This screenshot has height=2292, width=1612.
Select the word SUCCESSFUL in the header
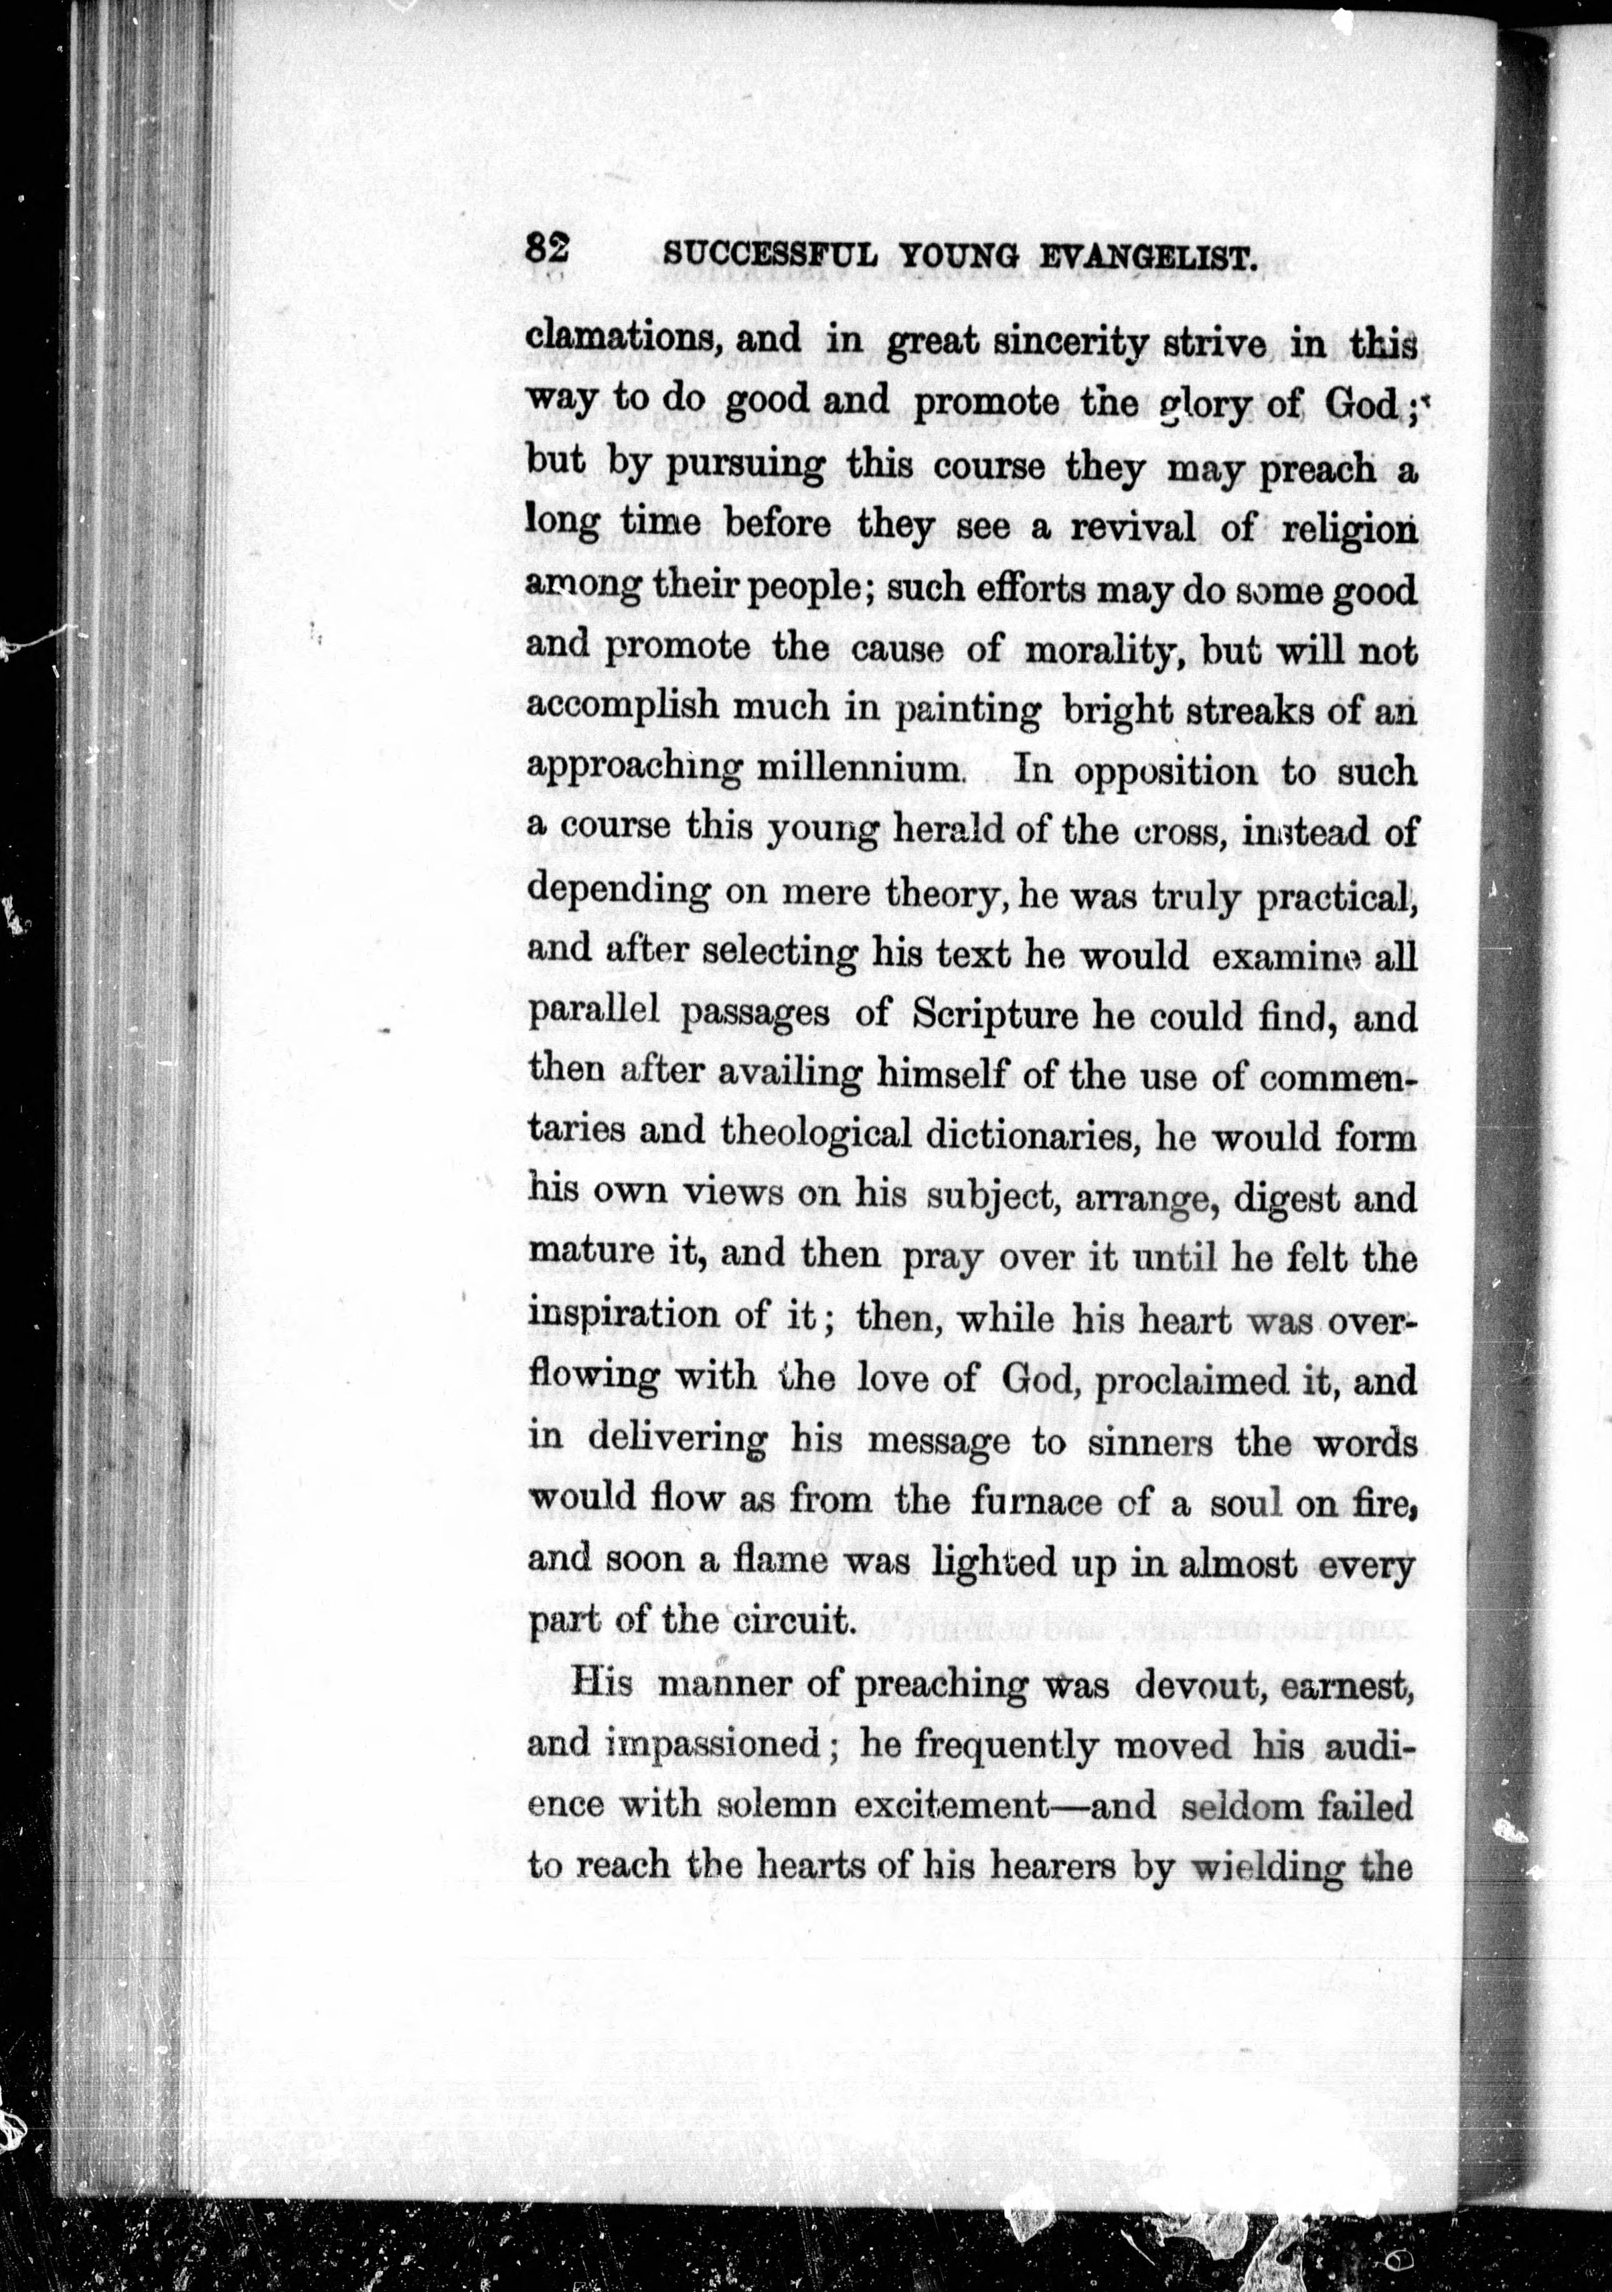pos(771,256)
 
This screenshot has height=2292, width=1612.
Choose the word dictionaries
pos(1032,1136)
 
